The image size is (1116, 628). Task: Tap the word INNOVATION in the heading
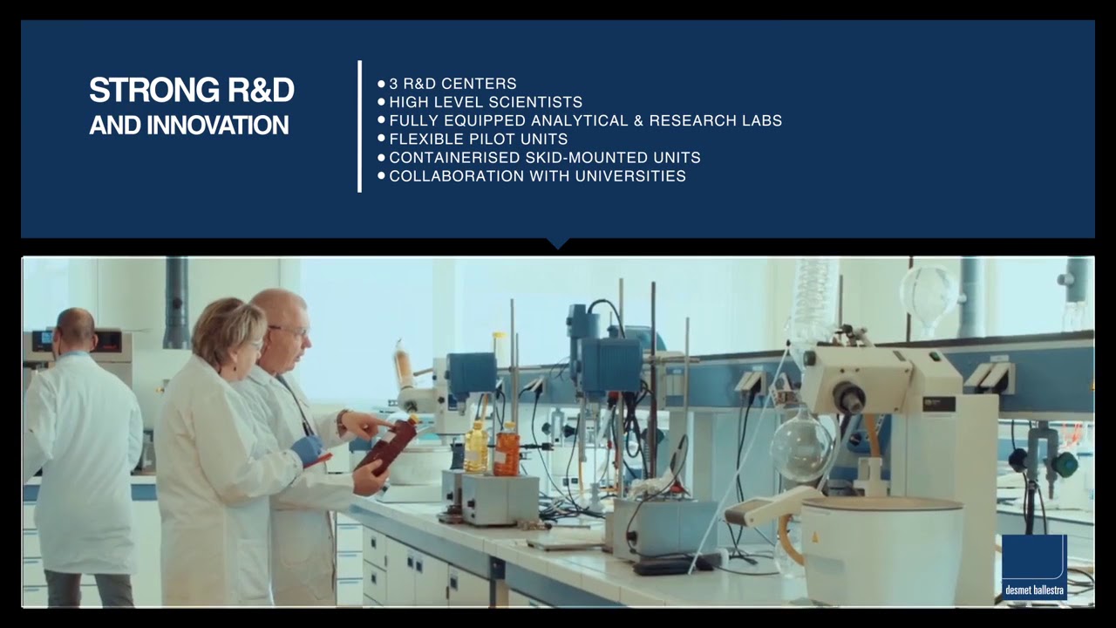point(218,125)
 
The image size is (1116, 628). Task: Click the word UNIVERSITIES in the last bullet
point(630,176)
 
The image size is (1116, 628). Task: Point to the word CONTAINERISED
point(454,158)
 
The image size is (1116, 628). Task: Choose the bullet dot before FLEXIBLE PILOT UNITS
point(382,138)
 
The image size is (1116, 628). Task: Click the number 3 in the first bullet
point(393,83)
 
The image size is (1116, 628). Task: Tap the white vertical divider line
point(360,126)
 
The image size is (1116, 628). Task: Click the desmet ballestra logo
point(1034,567)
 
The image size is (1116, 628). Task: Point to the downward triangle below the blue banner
point(558,242)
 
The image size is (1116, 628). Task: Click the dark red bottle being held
point(388,445)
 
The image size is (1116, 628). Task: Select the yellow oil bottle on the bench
point(477,447)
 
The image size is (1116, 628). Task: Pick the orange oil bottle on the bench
point(507,449)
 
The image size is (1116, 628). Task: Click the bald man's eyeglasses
point(290,331)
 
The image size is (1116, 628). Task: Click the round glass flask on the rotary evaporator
point(800,446)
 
